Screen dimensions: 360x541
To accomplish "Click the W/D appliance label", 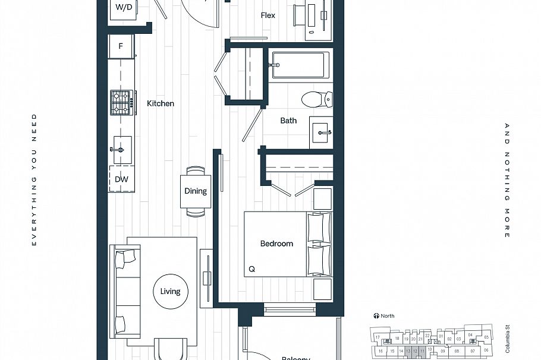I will pyautogui.click(x=124, y=8).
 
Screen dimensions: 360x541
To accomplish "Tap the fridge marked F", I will pyautogui.click(x=121, y=46).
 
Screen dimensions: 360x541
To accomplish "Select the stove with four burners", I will pyautogui.click(x=121, y=103).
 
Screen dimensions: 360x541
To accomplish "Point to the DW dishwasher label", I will pyautogui.click(x=121, y=179).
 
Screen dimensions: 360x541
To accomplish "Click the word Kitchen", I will pyautogui.click(x=161, y=103).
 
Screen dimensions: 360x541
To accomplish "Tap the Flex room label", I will pyautogui.click(x=268, y=15).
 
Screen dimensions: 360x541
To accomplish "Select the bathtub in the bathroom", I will pyautogui.click(x=300, y=65).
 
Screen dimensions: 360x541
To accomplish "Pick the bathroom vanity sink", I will pyautogui.click(x=322, y=132).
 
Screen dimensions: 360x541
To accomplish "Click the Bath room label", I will pyautogui.click(x=288, y=121).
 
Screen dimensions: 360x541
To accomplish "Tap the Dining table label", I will pyautogui.click(x=196, y=191).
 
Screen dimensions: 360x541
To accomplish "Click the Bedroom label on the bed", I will pyautogui.click(x=276, y=244).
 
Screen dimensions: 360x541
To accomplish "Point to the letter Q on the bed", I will pyautogui.click(x=251, y=269).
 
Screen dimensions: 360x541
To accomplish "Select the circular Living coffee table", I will pyautogui.click(x=170, y=291).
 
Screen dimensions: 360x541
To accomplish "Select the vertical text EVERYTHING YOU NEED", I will pyautogui.click(x=34, y=179).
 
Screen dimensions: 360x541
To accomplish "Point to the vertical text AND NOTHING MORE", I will pyautogui.click(x=507, y=181).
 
